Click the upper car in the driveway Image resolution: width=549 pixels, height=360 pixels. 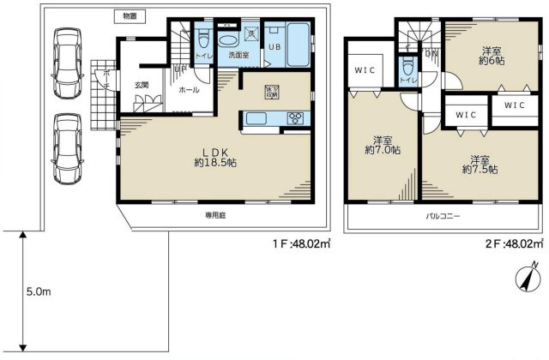point(68,62)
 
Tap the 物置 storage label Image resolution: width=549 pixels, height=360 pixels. point(130,15)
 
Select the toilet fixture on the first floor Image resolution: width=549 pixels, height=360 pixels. point(203,41)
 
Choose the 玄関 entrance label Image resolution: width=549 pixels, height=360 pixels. point(142,84)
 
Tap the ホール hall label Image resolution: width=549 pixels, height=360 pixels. point(188,89)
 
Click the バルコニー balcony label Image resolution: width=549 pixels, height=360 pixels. point(443,216)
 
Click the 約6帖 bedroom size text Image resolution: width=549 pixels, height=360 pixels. point(492,61)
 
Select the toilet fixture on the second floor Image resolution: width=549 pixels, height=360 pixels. point(406,67)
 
